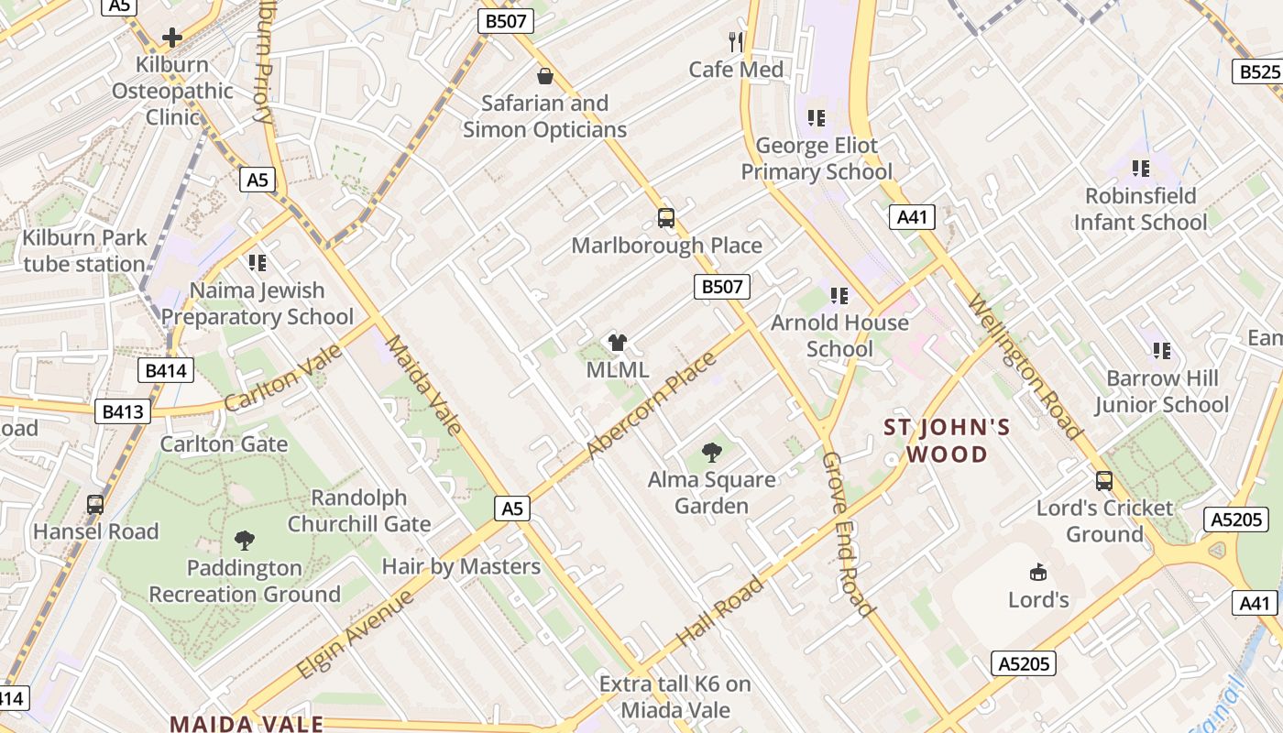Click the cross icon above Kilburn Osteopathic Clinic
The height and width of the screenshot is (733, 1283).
coord(171,38)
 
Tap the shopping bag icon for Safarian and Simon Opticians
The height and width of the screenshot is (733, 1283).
coord(544,76)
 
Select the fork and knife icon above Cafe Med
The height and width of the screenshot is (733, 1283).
coord(736,41)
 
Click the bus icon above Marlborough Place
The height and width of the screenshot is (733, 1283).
coord(666,218)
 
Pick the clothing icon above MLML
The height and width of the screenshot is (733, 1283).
coord(618,343)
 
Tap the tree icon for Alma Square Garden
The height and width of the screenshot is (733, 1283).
coord(711,452)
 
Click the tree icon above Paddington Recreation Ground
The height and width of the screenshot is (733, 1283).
coord(245,540)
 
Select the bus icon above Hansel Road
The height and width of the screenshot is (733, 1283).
coord(95,504)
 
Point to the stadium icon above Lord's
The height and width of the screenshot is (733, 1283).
coord(1038,573)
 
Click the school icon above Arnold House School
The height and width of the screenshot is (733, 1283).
coord(839,295)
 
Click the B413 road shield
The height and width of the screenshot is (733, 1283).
coord(123,411)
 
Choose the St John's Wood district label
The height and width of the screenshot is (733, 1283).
coord(948,441)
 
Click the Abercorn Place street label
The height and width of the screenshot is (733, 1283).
coord(652,404)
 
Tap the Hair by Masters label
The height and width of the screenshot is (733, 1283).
coord(461,566)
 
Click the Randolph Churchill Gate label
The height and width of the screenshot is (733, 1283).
coord(359,511)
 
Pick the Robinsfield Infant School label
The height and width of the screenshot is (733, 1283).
coord(1141,209)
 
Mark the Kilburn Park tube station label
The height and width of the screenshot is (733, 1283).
coord(84,251)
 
